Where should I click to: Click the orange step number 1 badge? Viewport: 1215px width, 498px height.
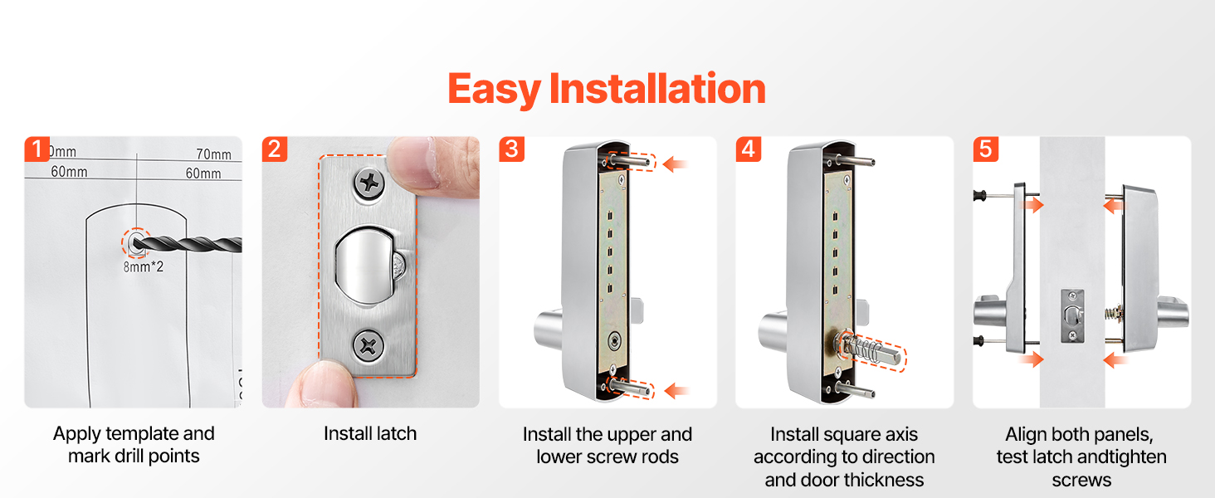[37, 149]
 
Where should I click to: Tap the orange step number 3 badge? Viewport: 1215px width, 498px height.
[511, 149]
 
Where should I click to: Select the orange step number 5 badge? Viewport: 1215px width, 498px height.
[986, 149]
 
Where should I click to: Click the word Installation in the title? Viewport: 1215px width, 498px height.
[657, 89]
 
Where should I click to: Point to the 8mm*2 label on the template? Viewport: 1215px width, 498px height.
[144, 267]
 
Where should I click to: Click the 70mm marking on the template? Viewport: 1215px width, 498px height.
[214, 154]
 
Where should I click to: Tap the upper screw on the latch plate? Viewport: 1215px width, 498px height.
[369, 183]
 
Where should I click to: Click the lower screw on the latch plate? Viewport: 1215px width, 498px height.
[368, 345]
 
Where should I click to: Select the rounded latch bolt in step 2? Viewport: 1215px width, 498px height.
[365, 266]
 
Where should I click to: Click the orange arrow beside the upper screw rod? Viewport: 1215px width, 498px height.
[675, 164]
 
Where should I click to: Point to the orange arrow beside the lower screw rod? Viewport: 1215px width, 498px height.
[676, 391]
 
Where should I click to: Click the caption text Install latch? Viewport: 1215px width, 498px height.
[370, 434]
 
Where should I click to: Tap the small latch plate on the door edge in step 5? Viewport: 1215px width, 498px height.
[1071, 316]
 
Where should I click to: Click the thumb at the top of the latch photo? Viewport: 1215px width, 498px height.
[434, 165]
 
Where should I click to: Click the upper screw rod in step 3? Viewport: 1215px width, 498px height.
[628, 160]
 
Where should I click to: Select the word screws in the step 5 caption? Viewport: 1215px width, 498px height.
[1081, 481]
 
